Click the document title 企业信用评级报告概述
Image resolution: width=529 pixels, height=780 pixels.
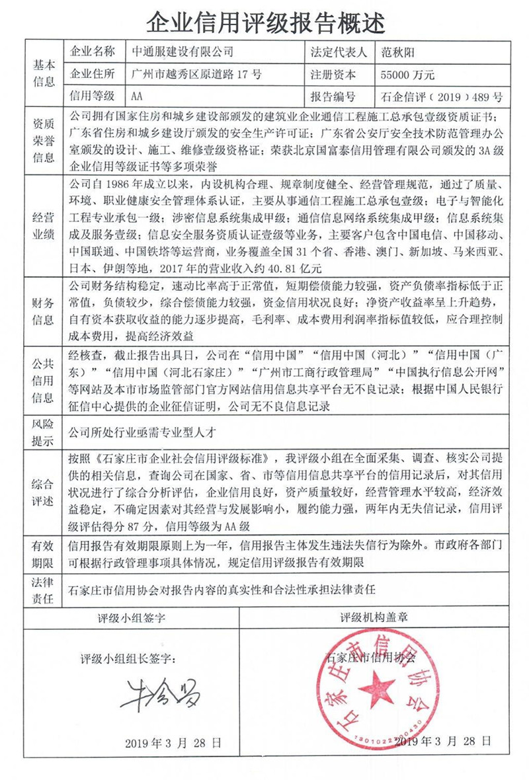pos(264,22)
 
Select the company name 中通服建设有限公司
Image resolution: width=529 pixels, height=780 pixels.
pos(183,52)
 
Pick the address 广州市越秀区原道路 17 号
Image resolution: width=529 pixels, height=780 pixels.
pos(196,74)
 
